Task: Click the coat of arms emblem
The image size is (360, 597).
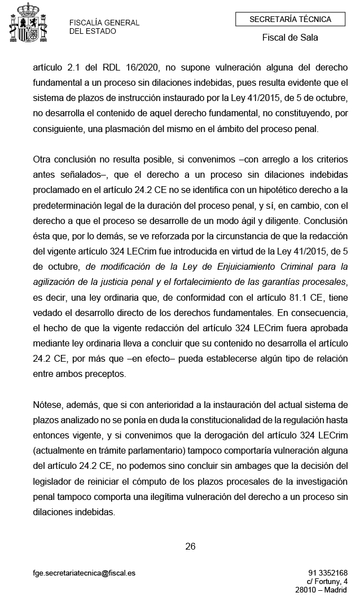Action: coord(27,24)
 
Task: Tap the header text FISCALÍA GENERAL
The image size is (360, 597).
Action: coord(104,23)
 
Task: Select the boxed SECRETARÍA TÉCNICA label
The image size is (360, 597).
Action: coord(290,19)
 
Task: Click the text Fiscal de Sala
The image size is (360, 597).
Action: coord(290,38)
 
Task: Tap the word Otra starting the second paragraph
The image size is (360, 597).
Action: coord(43,160)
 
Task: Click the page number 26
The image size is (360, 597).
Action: coord(190,546)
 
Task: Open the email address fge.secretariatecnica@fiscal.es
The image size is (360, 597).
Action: coord(84,573)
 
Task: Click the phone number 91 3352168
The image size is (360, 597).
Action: coord(328,573)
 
